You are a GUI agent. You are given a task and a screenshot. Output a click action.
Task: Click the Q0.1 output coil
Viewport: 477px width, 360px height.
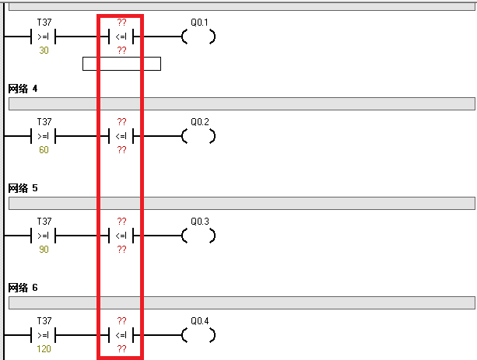198,37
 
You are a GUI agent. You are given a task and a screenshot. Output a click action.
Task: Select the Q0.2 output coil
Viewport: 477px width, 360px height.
198,136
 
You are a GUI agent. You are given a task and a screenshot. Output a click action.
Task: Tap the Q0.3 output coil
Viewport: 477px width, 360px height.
198,236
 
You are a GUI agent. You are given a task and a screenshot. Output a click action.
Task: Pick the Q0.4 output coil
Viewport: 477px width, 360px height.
198,335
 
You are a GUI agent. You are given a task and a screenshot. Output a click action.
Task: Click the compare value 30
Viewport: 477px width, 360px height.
44,51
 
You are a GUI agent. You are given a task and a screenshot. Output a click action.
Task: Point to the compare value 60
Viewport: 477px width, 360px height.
44,150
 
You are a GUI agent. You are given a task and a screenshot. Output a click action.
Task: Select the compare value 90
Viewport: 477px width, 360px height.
44,250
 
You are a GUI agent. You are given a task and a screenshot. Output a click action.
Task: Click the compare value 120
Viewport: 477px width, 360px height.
44,349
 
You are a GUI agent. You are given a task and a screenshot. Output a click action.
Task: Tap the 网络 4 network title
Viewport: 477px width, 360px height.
23,89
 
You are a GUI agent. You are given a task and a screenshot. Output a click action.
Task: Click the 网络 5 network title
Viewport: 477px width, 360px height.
23,188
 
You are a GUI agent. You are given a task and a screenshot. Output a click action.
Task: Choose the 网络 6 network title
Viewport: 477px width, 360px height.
23,288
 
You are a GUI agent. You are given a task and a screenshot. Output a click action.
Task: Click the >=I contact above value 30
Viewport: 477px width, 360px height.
44,37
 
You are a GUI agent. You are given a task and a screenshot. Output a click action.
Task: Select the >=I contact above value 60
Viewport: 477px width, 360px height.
44,136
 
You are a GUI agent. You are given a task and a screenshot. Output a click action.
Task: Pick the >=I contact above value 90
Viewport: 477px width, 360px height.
44,236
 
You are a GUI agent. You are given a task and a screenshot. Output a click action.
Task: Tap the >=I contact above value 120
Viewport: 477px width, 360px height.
44,335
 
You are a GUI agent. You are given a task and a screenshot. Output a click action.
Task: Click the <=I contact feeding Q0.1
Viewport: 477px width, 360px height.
121,37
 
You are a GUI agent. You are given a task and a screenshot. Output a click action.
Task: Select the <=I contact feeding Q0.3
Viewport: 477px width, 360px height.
121,236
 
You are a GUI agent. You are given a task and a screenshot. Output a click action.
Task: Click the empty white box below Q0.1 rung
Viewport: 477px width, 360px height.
121,64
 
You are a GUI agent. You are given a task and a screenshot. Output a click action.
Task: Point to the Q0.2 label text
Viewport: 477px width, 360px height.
200,122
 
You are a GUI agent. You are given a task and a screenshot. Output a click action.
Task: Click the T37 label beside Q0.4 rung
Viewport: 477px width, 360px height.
44,321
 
